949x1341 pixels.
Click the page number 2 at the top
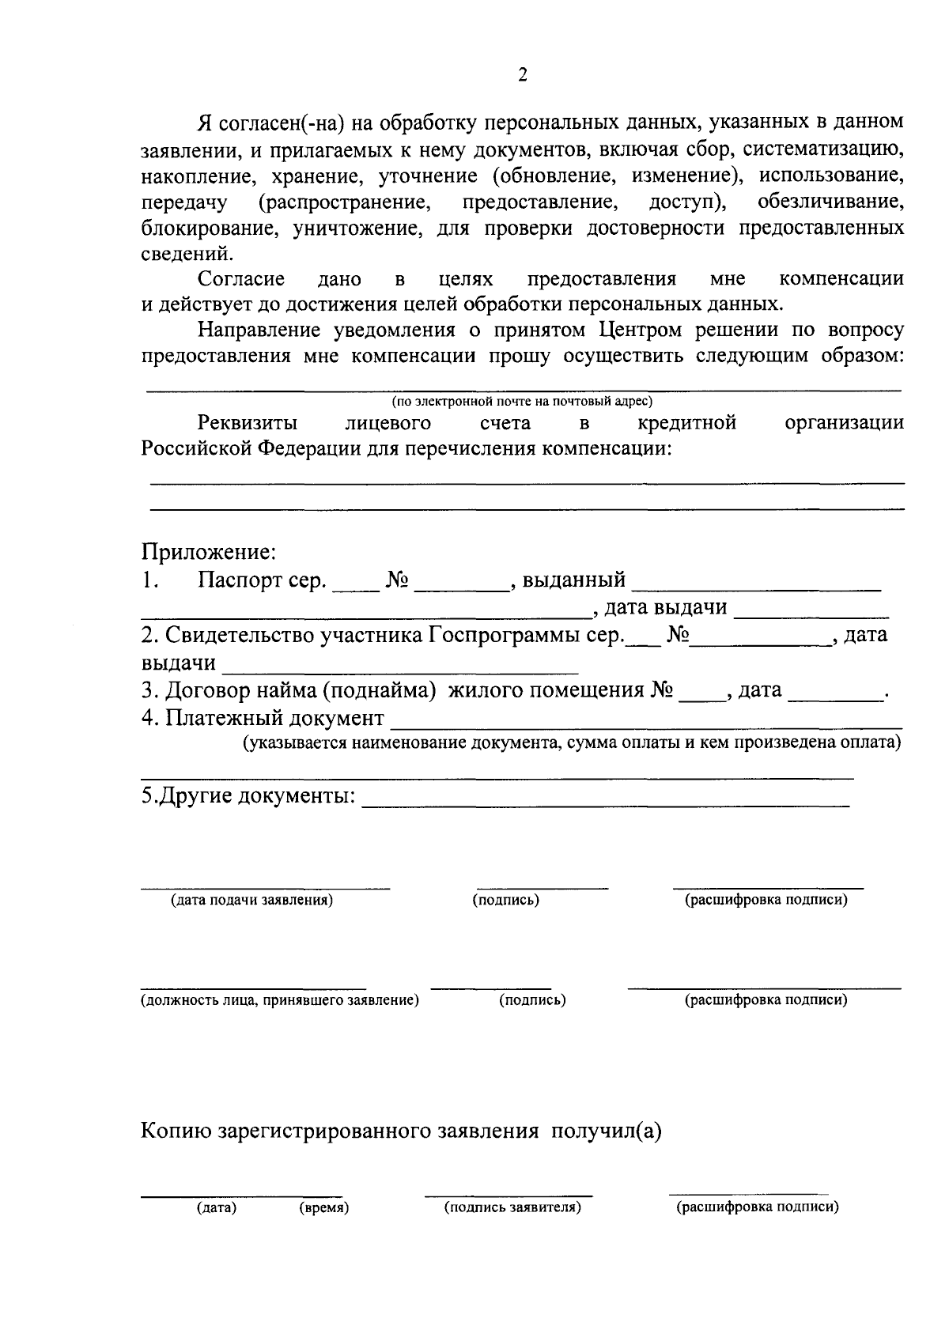point(522,76)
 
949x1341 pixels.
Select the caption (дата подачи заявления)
point(251,900)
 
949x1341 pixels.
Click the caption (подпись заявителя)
point(512,1207)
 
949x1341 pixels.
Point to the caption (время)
point(324,1207)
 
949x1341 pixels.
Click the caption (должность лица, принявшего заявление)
point(279,1000)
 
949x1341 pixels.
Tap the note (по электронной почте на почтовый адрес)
point(522,402)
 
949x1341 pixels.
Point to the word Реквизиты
point(248,423)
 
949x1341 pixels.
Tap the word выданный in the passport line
point(574,580)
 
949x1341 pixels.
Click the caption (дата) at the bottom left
point(217,1207)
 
